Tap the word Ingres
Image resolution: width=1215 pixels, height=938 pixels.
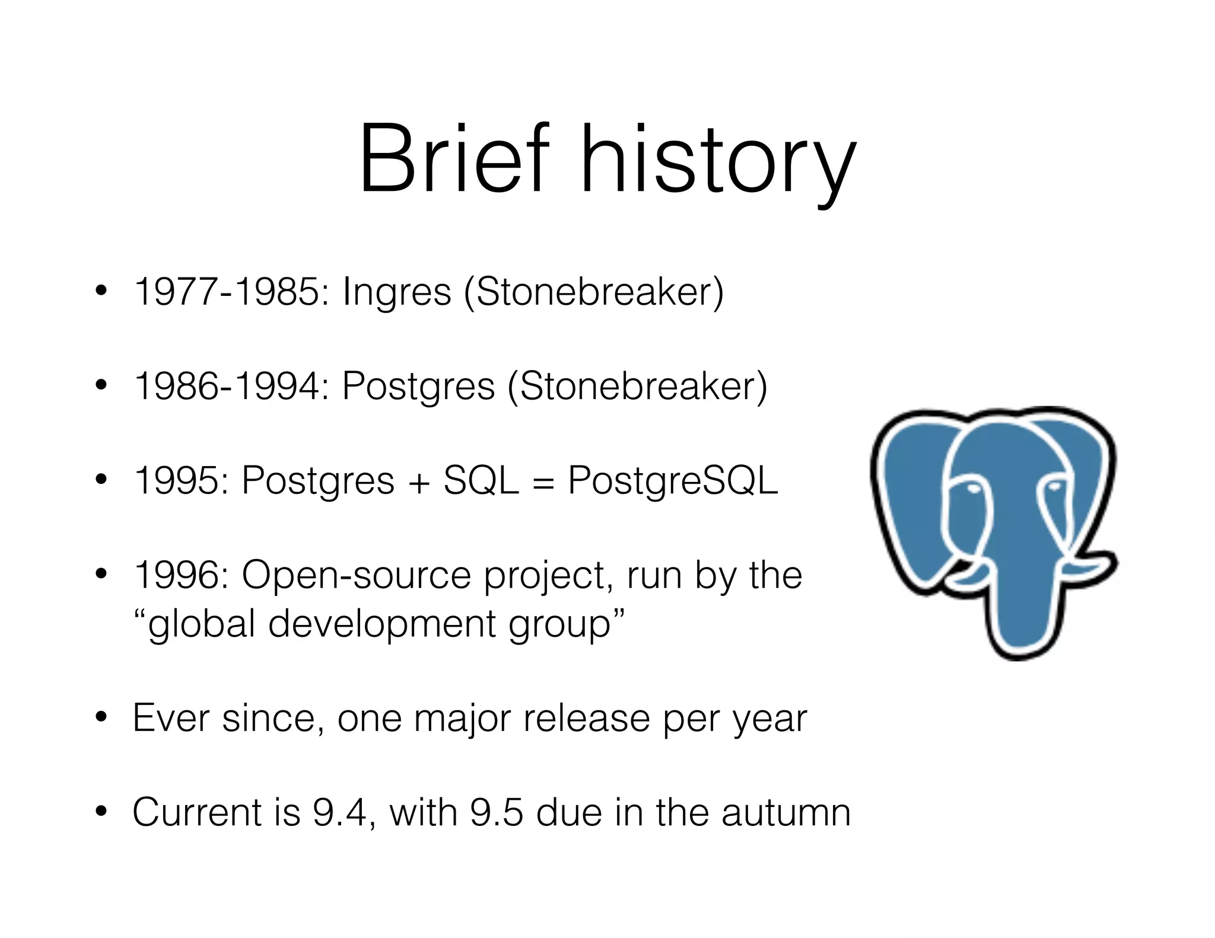click(396, 293)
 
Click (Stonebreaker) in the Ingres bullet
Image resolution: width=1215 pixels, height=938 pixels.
click(593, 292)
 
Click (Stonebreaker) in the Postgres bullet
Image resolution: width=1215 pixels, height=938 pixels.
click(637, 386)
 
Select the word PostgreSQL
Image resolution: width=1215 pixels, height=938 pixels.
click(673, 481)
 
